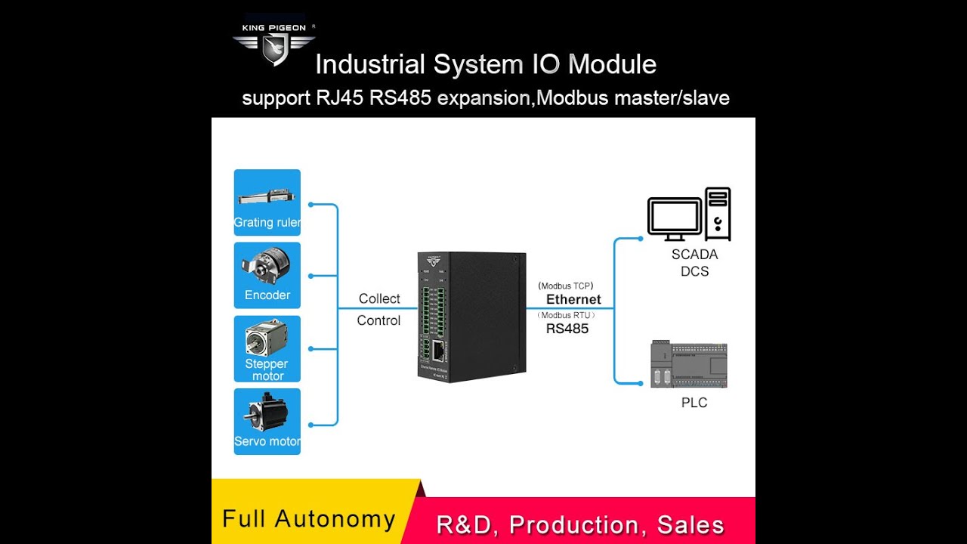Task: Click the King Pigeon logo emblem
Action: (273, 48)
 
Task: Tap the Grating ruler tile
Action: (267, 202)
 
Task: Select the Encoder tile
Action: (267, 275)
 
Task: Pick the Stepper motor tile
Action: (267, 348)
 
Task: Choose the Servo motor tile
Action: (267, 422)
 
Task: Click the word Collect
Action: (379, 298)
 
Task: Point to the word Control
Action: (378, 320)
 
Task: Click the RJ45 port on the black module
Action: (439, 350)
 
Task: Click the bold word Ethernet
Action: (573, 299)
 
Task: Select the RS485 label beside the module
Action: (567, 329)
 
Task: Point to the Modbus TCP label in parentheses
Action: (566, 286)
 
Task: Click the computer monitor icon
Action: (675, 218)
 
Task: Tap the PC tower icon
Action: (718, 213)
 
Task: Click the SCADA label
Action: (694, 255)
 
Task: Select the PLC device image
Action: (688, 364)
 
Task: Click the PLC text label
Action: (694, 403)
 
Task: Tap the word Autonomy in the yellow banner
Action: (335, 519)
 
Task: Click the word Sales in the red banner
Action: (685, 524)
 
